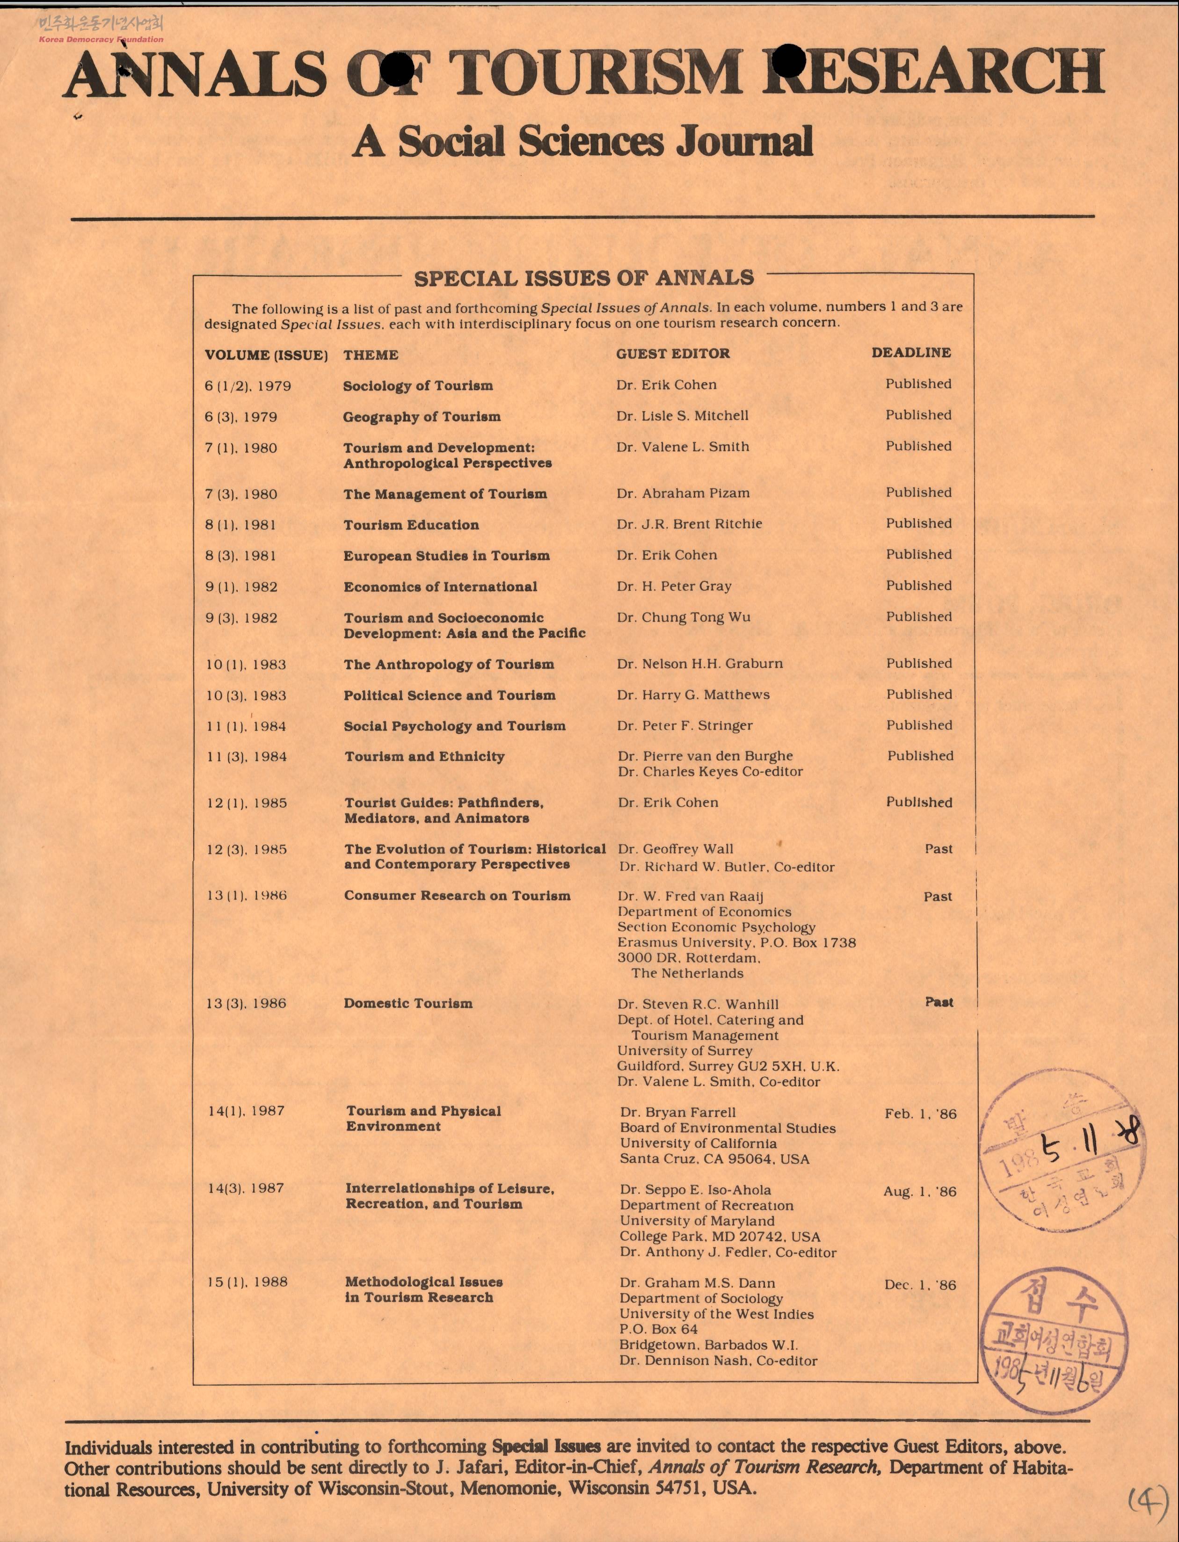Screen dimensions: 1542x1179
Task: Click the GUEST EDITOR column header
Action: click(x=672, y=354)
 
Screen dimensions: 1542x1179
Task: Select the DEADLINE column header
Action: click(x=911, y=352)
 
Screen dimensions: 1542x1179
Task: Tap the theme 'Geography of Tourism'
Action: click(x=422, y=417)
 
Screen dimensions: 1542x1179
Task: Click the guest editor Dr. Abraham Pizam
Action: click(x=683, y=493)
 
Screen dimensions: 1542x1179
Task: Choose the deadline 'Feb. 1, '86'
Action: click(x=920, y=1113)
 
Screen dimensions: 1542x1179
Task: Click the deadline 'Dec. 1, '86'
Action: click(x=920, y=1284)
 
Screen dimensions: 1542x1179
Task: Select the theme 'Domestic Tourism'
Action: click(x=408, y=1003)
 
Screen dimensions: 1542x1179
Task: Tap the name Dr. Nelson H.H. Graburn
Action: click(x=700, y=664)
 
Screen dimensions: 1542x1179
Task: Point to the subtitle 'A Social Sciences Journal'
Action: click(x=582, y=142)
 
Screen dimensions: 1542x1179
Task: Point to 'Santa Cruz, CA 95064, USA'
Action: click(x=714, y=1159)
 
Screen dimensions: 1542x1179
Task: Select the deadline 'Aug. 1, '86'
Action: click(x=919, y=1191)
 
